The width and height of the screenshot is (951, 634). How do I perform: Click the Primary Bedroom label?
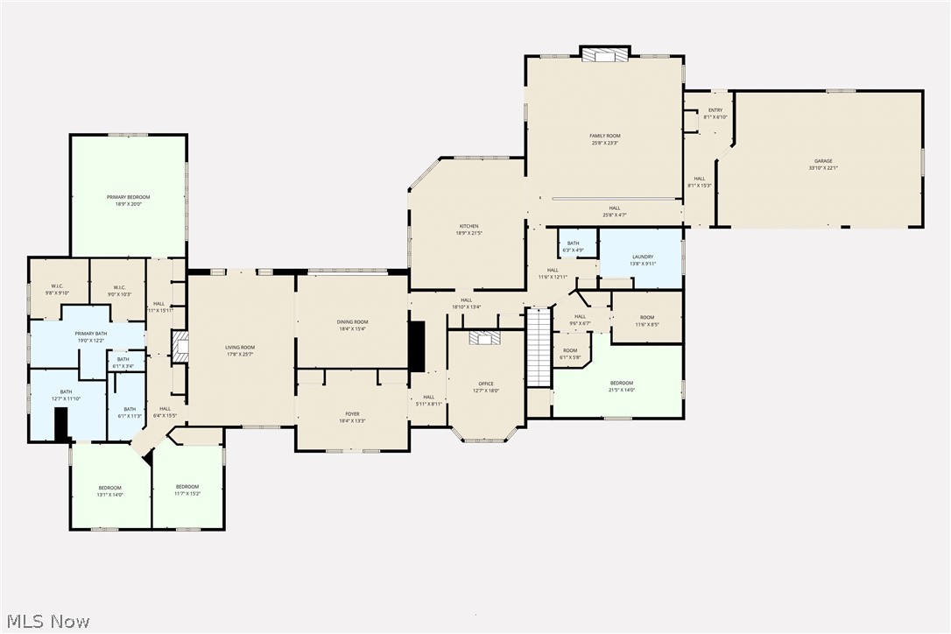point(129,201)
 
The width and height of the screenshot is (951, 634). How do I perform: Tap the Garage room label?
point(823,164)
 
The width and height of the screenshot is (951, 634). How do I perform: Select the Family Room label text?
point(604,138)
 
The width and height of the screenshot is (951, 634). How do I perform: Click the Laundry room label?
point(642,260)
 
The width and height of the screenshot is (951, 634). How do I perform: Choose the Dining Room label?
point(352,325)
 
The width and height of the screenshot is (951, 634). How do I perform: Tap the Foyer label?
point(352,417)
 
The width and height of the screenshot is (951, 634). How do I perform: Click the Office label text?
point(486,386)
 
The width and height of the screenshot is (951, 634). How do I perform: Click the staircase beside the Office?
point(539,347)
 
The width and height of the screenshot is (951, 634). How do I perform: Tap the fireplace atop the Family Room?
point(605,54)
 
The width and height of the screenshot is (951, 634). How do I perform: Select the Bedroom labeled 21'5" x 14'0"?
point(622,386)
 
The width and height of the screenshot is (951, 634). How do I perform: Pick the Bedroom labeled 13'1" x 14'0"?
point(109,490)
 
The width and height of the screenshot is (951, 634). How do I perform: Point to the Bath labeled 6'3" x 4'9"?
point(573,246)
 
